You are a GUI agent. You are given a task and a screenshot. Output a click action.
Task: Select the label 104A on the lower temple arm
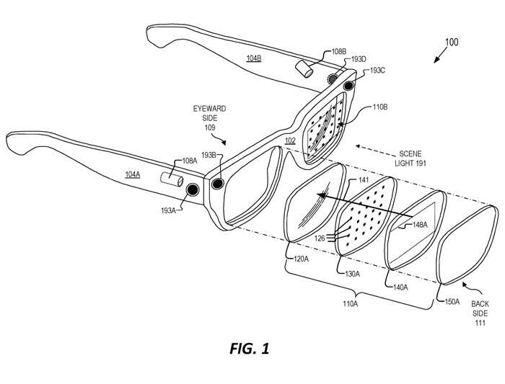coord(132,174)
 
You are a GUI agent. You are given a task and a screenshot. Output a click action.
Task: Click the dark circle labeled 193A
coord(193,189)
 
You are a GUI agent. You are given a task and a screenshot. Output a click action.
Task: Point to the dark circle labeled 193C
coord(349,86)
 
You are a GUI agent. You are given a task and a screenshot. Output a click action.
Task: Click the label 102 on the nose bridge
coord(290,140)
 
